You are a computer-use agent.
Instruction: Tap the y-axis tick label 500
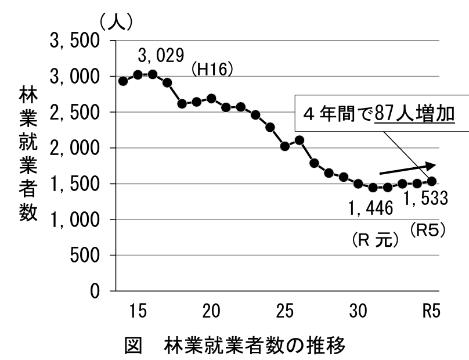85,255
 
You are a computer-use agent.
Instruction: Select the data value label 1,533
425,199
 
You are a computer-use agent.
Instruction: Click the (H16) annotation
212,69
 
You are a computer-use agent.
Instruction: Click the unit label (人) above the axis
116,24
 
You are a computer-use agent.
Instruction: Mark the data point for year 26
300,140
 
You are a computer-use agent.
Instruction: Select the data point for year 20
211,99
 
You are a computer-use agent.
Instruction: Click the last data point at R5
432,181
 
